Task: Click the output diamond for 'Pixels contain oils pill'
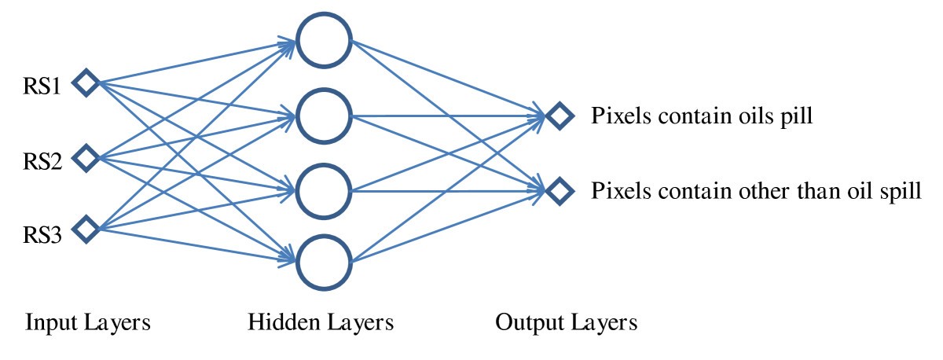(x=559, y=116)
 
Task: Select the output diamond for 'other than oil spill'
(x=559, y=189)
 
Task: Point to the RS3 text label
(x=42, y=233)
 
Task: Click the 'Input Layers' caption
(x=87, y=323)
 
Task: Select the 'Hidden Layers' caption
(x=321, y=323)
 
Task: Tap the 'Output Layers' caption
(x=566, y=323)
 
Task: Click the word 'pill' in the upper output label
(x=795, y=118)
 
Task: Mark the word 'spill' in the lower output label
(x=902, y=192)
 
